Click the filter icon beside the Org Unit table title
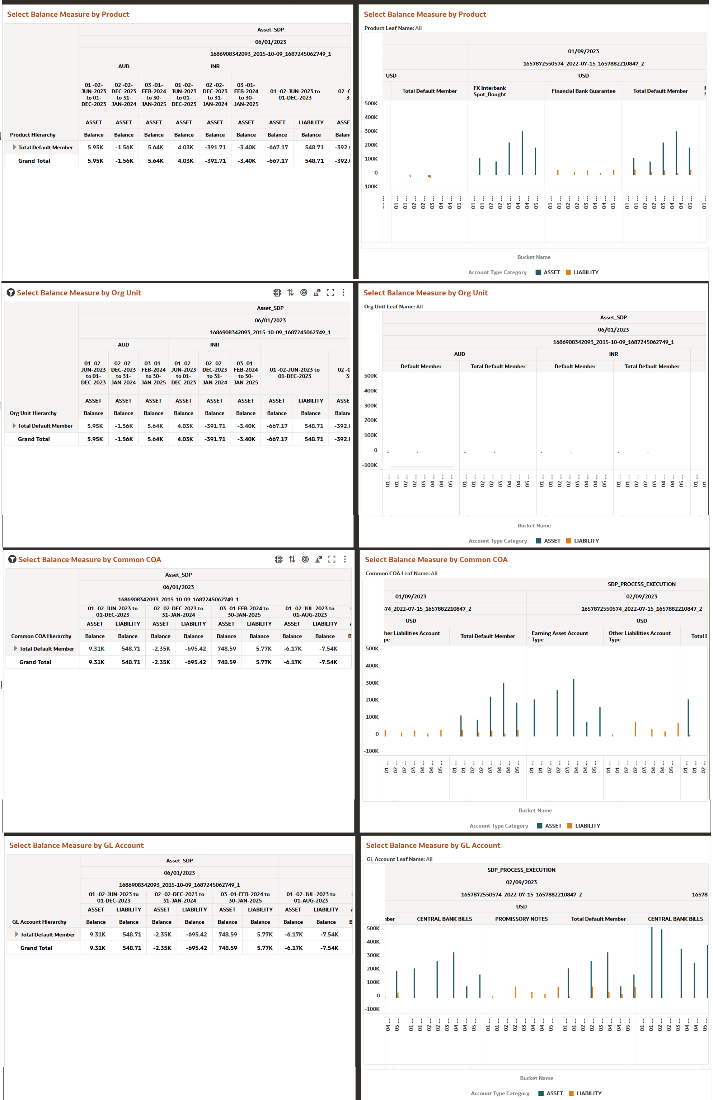(11, 293)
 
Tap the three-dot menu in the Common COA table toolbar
(345, 559)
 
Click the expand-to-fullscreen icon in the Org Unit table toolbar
(330, 293)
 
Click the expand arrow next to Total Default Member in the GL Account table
(17, 934)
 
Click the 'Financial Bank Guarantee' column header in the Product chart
(583, 91)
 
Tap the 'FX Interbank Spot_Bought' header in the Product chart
(489, 91)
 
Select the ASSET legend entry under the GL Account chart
(554, 1093)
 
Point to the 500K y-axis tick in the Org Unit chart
(371, 376)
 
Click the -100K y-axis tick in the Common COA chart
(371, 751)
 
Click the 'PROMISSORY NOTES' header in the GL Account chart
(521, 919)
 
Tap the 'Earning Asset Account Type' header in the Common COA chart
(559, 636)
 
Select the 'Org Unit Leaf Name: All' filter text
(393, 307)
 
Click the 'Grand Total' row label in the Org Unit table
(34, 439)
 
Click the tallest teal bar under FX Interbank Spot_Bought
(522, 153)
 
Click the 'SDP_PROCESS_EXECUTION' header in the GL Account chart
(521, 870)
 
